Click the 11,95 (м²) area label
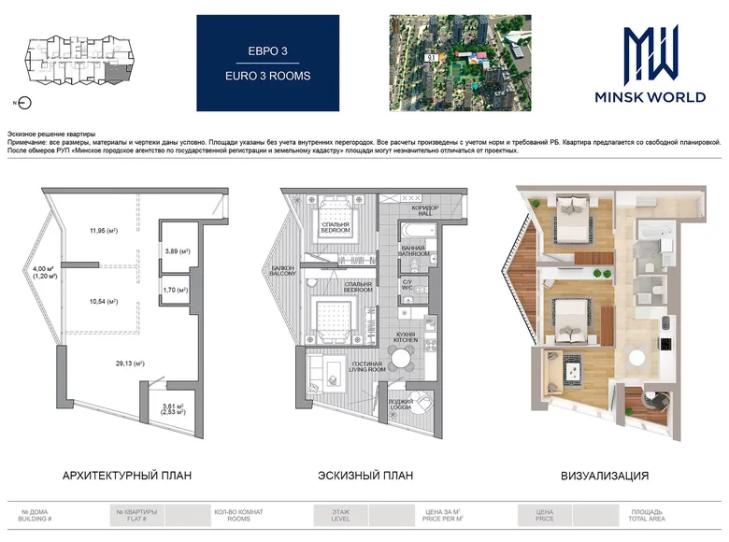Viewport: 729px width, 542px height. (104, 231)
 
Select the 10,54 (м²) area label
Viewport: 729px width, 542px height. (104, 302)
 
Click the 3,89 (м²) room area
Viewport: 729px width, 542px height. (178, 251)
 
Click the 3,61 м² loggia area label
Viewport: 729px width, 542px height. (172, 408)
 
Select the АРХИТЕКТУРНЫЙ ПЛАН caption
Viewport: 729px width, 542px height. (127, 476)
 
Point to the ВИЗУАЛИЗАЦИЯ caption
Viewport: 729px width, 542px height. (605, 476)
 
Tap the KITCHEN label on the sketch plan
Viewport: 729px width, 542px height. (406, 340)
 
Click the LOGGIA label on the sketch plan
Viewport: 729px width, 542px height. (402, 407)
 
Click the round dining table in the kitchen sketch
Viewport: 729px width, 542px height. (400, 356)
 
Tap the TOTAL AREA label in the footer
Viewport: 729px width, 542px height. (647, 518)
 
